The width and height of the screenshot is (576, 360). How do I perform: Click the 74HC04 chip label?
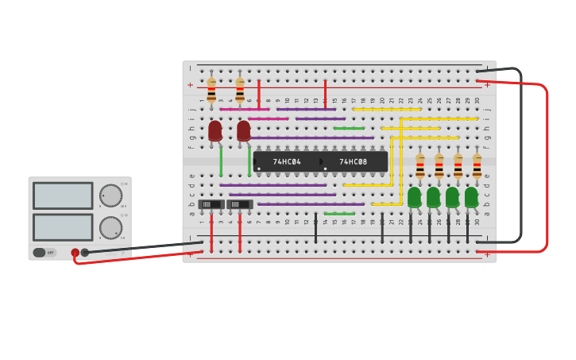tap(287, 162)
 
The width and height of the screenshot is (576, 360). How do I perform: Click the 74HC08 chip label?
tap(354, 162)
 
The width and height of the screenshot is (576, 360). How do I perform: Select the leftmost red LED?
tap(215, 130)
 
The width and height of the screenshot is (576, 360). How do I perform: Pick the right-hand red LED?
tap(244, 130)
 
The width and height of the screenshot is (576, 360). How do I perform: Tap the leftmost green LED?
tap(415, 197)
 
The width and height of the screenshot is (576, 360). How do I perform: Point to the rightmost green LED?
tap(471, 197)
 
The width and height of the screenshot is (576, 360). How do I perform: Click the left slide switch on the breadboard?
tap(211, 204)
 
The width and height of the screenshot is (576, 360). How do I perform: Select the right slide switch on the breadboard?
tap(239, 204)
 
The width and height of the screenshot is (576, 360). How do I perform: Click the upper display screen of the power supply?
tap(63, 195)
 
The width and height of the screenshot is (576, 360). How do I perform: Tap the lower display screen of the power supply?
tap(63, 227)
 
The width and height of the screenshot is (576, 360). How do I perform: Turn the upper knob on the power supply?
tap(110, 195)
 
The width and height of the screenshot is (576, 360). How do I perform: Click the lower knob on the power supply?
tap(110, 227)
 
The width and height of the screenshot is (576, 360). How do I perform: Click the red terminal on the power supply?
tap(75, 253)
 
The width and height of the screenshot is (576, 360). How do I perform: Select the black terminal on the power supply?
tap(85, 253)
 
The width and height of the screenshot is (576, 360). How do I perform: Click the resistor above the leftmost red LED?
tap(211, 90)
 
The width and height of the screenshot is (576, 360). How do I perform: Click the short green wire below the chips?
tap(339, 214)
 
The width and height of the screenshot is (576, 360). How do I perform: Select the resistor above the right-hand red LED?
tap(240, 90)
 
